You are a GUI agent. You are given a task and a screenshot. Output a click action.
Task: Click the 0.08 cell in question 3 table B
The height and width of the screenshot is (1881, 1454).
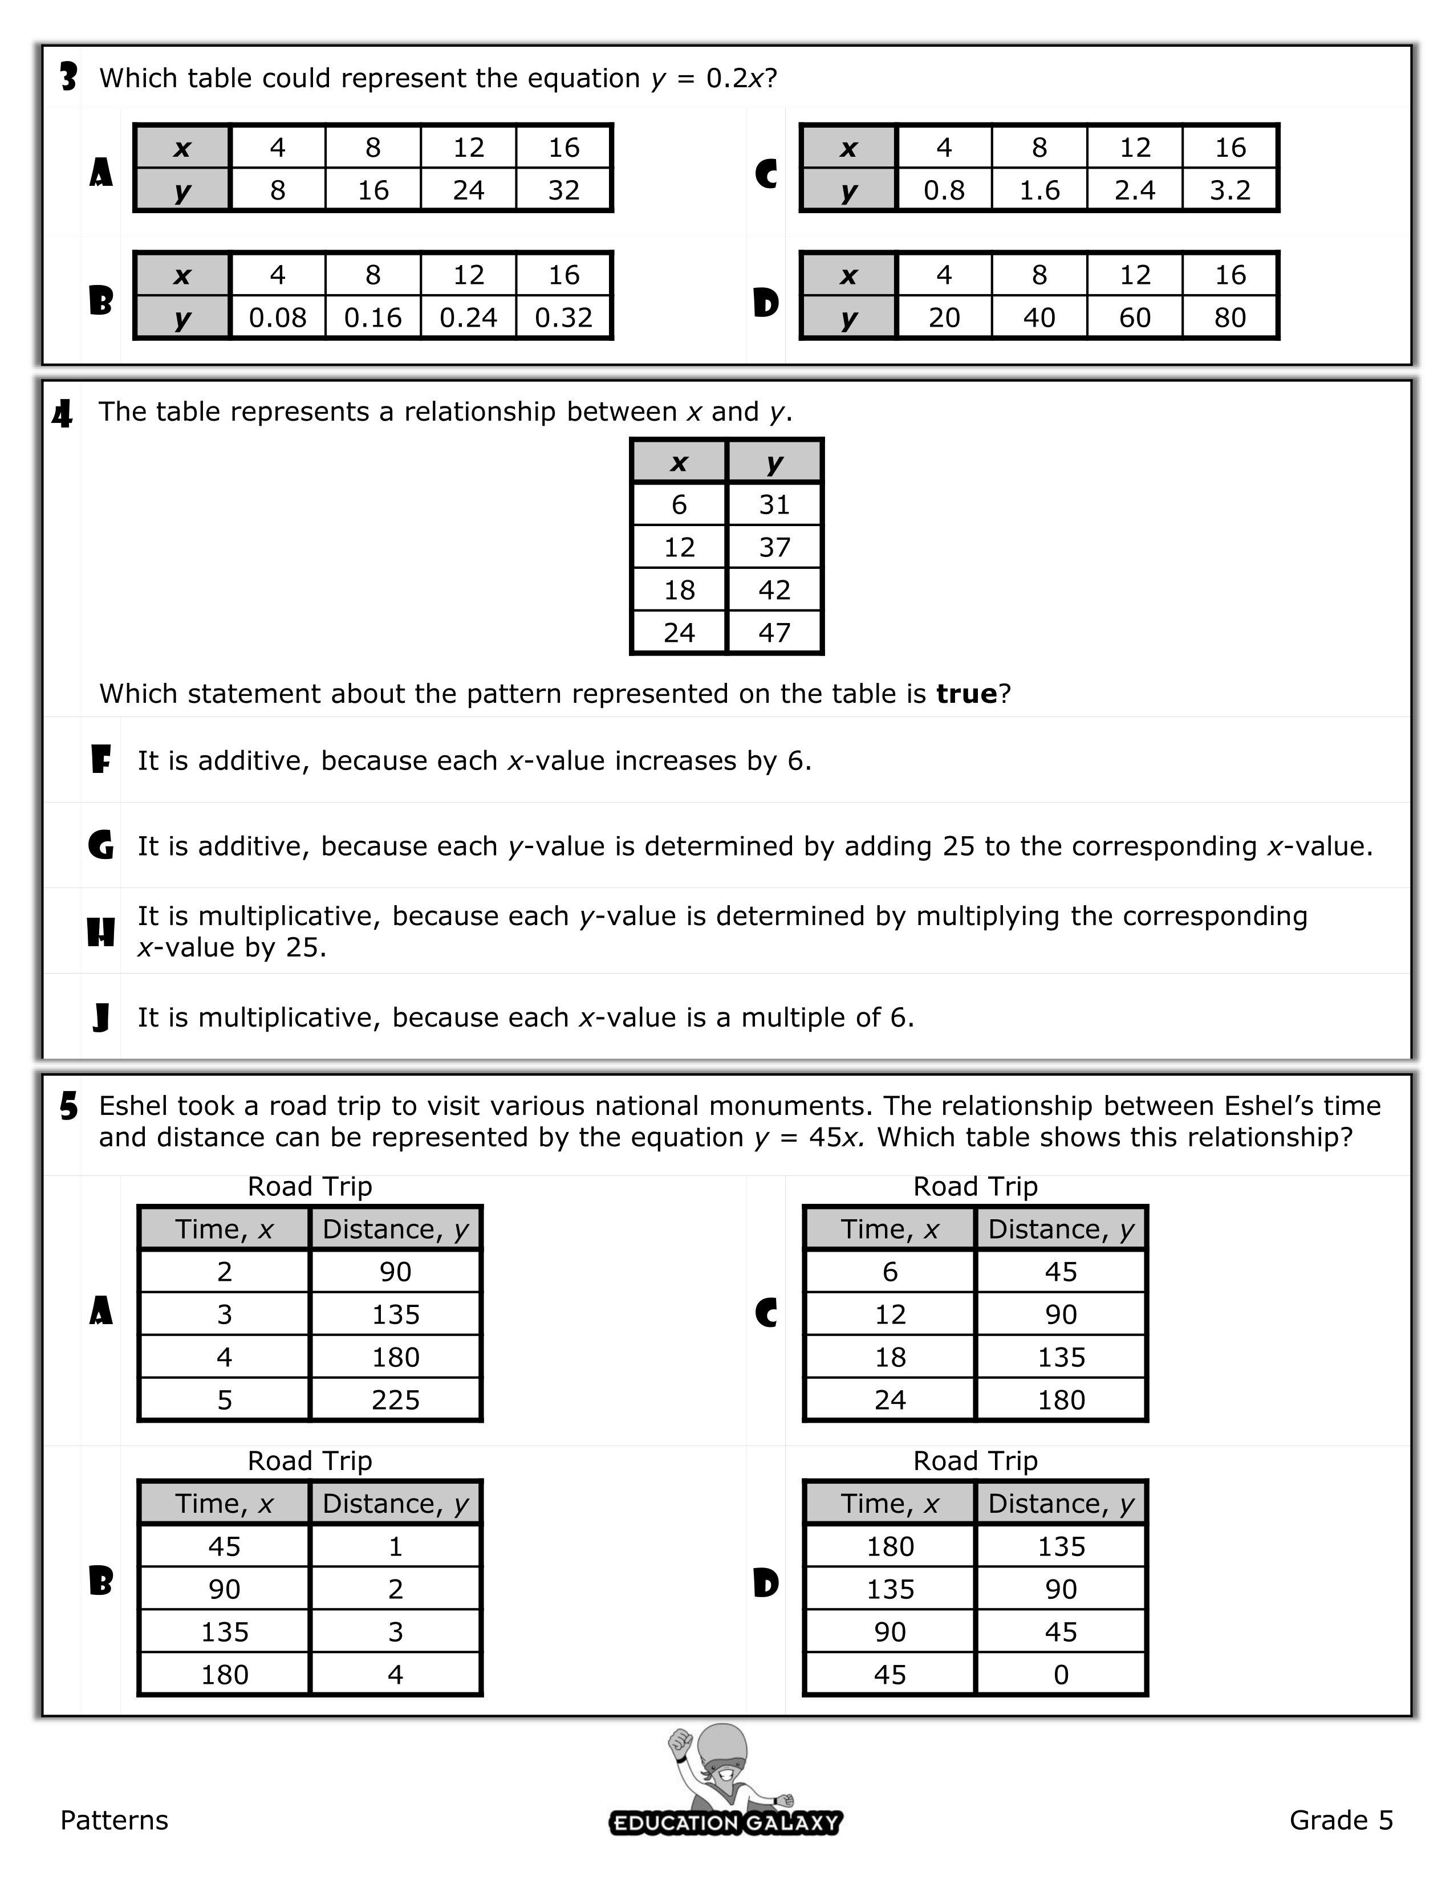click(277, 318)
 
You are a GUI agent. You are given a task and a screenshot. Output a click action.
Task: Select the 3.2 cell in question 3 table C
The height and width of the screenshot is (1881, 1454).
click(1230, 190)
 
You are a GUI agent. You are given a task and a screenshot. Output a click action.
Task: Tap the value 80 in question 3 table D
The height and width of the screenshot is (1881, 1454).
click(1230, 318)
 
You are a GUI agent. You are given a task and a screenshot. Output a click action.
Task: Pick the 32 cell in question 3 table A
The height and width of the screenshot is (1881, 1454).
click(563, 190)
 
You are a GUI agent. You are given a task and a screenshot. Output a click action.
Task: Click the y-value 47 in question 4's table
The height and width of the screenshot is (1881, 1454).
click(774, 633)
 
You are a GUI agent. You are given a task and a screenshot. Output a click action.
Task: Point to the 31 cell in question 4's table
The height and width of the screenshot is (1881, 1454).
click(774, 504)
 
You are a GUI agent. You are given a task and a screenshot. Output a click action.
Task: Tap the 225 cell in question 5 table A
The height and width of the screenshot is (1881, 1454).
click(395, 1400)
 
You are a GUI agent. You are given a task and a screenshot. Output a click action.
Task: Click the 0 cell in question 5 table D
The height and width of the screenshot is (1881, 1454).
click(1061, 1675)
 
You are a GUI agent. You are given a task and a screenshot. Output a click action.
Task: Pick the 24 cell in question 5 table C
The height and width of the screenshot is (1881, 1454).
click(890, 1400)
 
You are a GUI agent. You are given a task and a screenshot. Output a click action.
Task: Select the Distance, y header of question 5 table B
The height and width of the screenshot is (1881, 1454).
click(395, 1504)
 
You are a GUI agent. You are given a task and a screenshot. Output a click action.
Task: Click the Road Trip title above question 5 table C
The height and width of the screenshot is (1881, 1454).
click(975, 1187)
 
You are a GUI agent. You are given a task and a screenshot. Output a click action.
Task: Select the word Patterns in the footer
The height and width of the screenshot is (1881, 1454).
click(115, 1820)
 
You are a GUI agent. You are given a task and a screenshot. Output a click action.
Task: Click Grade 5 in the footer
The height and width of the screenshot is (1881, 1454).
click(1341, 1820)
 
